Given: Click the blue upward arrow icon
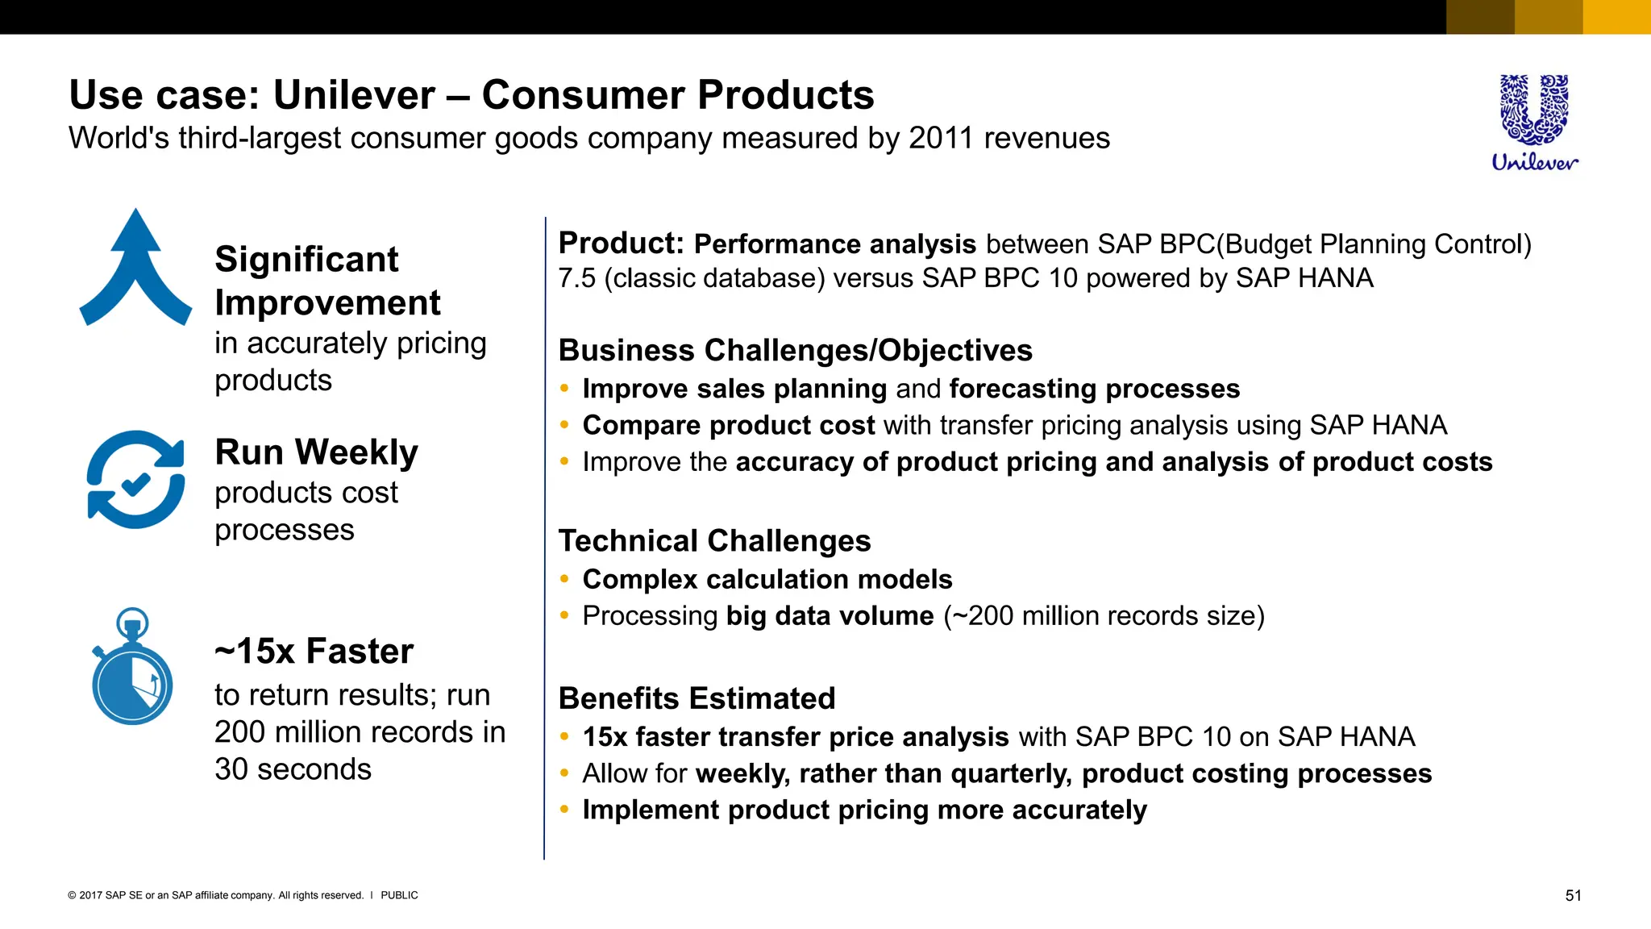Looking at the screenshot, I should coord(135,270).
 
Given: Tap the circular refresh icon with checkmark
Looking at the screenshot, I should coord(135,480).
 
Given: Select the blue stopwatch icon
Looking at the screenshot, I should coord(132,668).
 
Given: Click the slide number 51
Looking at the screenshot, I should coord(1573,895).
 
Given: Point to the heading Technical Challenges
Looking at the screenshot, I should coord(714,540).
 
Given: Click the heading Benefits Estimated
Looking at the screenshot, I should coord(697,698).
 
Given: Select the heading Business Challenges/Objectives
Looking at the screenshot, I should coord(795,351).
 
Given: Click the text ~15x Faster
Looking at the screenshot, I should coord(314,651).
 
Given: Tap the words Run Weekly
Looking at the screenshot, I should coord(316,452).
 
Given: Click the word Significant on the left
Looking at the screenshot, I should coord(306,260).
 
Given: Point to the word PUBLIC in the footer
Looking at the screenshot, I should coord(399,895).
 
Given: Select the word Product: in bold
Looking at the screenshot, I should coord(621,243).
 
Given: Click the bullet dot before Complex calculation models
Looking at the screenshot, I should coord(564,579).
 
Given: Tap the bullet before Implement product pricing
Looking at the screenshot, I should coord(564,810).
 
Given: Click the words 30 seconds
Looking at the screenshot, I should coord(293,769).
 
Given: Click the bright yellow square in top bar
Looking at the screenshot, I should coord(1616,17).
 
